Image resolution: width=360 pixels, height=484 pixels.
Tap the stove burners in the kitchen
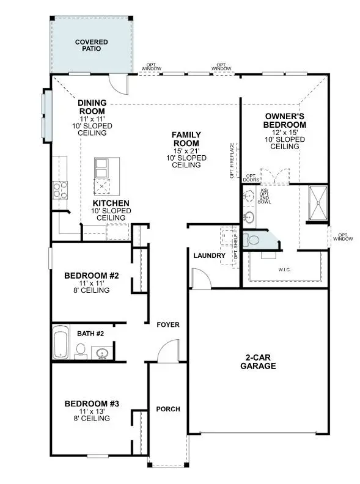tap(60, 190)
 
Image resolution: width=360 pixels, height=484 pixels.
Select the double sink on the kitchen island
tap(101, 167)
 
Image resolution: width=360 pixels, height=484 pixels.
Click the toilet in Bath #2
tap(80, 350)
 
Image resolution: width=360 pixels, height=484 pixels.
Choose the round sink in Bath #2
tap(101, 353)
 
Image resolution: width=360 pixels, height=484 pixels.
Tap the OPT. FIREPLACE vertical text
tap(232, 160)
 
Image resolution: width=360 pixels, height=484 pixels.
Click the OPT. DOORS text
tap(251, 177)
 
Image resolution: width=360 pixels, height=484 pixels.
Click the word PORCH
tap(167, 409)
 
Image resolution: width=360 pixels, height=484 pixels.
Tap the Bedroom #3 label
tap(91, 403)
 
